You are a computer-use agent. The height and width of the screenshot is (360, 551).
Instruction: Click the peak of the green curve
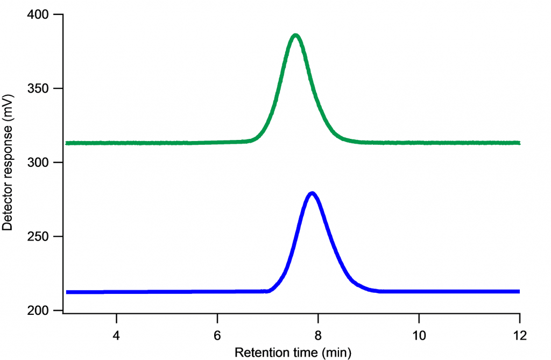pos(295,36)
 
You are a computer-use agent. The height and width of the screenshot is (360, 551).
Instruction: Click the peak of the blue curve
pos(312,194)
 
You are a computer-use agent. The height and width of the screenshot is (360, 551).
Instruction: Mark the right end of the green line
pos(519,143)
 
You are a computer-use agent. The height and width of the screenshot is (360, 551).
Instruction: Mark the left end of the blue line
pos(67,292)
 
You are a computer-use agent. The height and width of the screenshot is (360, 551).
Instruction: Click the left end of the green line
pos(67,143)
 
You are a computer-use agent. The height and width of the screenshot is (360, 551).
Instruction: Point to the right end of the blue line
pos(519,291)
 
